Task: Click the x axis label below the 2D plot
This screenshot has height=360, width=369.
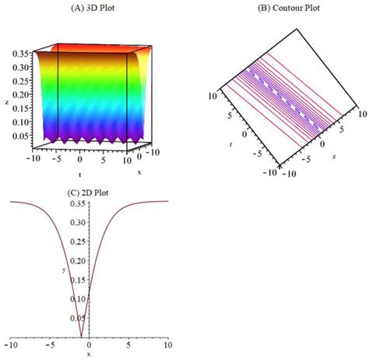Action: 89,355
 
